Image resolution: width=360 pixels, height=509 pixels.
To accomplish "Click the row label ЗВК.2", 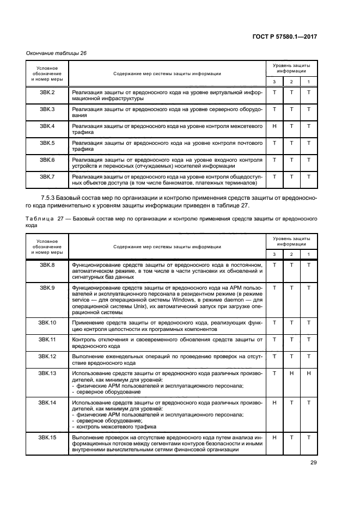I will coord(47,93).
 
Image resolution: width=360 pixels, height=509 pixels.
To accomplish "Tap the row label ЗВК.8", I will coord(47,265).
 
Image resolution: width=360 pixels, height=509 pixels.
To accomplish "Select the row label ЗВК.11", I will coord(47,339).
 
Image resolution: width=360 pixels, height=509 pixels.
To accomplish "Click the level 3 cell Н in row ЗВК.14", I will coord(274,402).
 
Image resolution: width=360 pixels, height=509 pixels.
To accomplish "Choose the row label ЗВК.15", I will coord(47,437).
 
